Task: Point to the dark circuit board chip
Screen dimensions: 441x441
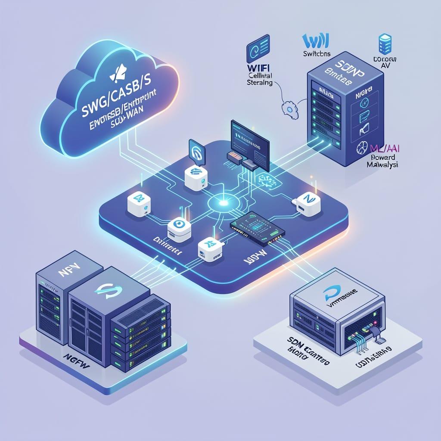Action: [257, 229]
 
